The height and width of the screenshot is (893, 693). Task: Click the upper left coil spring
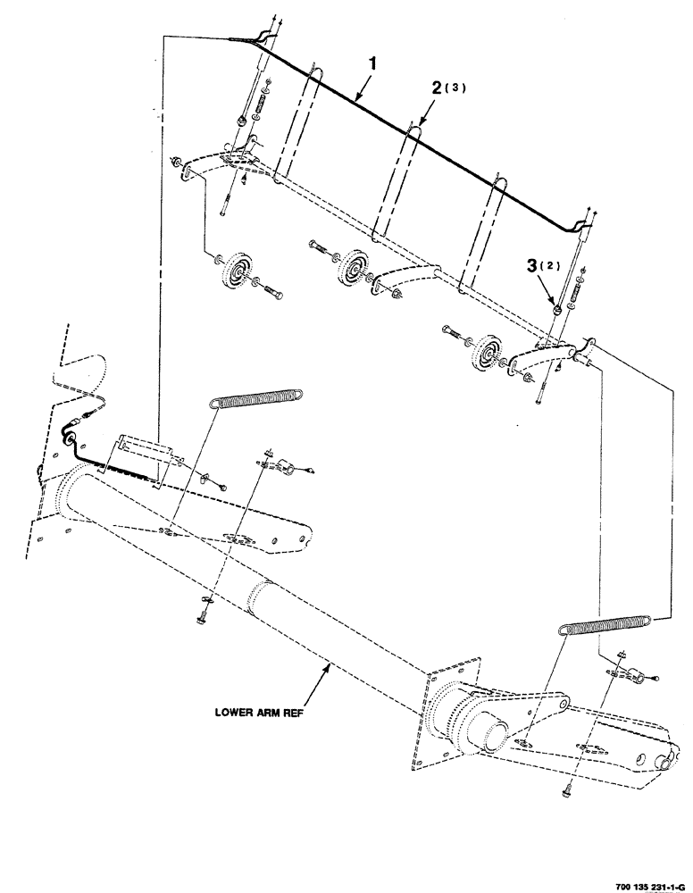point(259,397)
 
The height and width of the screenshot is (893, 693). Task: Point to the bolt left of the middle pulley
point(321,245)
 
